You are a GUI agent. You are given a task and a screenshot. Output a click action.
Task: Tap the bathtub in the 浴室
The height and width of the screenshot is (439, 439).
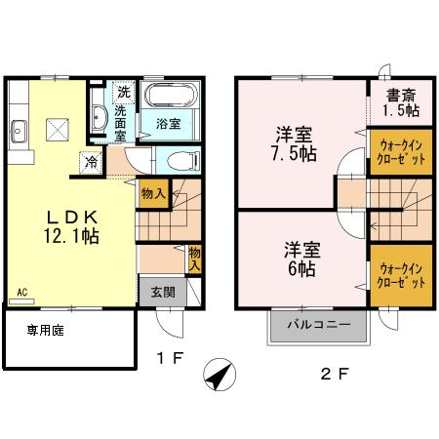(170, 99)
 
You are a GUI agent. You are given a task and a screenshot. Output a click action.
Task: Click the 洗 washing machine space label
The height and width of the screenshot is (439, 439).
(124, 92)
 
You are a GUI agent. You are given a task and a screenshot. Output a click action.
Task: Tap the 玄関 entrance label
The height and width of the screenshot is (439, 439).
(162, 290)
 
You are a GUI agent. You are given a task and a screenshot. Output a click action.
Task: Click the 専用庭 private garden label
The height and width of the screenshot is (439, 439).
(45, 332)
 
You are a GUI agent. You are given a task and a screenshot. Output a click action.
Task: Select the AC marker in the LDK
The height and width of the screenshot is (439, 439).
(21, 291)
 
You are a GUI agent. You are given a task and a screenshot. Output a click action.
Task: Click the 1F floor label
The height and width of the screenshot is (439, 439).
(171, 359)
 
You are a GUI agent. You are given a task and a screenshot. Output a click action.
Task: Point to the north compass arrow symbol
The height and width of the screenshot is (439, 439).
(219, 373)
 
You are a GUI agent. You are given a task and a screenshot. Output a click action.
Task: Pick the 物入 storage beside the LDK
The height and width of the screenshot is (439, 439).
(152, 193)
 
